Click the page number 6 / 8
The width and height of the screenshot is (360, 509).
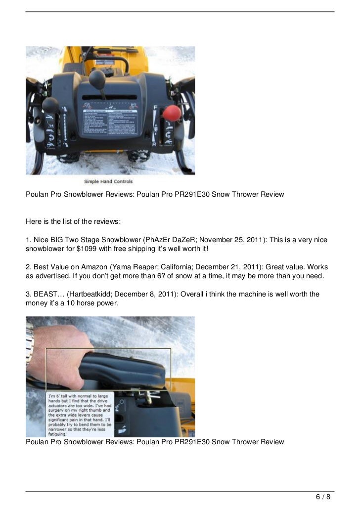pyautogui.click(x=323, y=497)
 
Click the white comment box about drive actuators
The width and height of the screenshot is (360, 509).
pyautogui.click(x=80, y=414)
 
